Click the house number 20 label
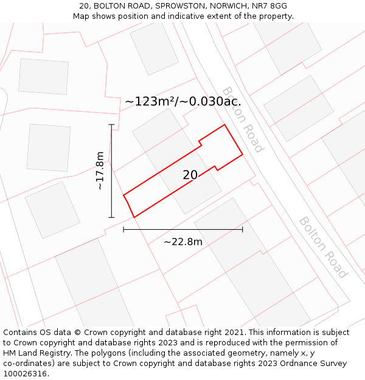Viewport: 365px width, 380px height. pyautogui.click(x=190, y=175)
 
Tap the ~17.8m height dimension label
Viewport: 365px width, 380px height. pyautogui.click(x=100, y=171)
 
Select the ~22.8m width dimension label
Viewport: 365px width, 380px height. pyautogui.click(x=182, y=242)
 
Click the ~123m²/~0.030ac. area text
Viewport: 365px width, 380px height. pyautogui.click(x=183, y=102)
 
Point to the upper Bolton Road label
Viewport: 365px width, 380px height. pyautogui.click(x=243, y=120)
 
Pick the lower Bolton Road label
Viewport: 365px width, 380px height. pyautogui.click(x=323, y=247)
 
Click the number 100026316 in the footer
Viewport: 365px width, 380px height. pyautogui.click(x=25, y=374)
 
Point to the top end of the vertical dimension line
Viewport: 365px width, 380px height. pyautogui.click(x=111, y=125)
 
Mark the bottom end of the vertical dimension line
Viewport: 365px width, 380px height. pyautogui.click(x=111, y=217)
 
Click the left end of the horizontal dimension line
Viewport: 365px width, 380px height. pyautogui.click(x=123, y=229)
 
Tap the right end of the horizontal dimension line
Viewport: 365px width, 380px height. pyautogui.click(x=243, y=229)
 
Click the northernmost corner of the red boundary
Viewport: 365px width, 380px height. pyautogui.click(x=225, y=125)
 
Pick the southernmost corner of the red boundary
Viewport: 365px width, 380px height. pyautogui.click(x=134, y=217)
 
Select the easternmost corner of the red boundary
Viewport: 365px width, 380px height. pyautogui.click(x=243, y=154)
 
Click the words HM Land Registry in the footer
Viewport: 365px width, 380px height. pyautogui.click(x=36, y=353)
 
